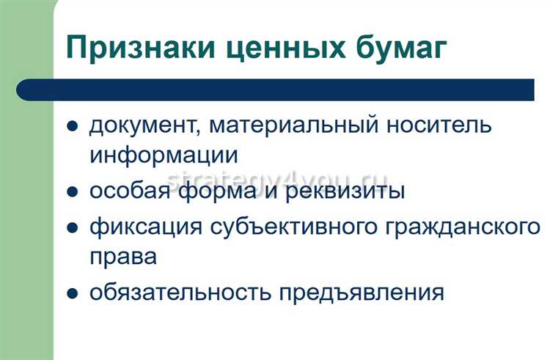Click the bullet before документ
[x=72, y=126]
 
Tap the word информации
[x=164, y=155]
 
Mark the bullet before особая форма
[x=72, y=193]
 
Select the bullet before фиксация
[x=72, y=227]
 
